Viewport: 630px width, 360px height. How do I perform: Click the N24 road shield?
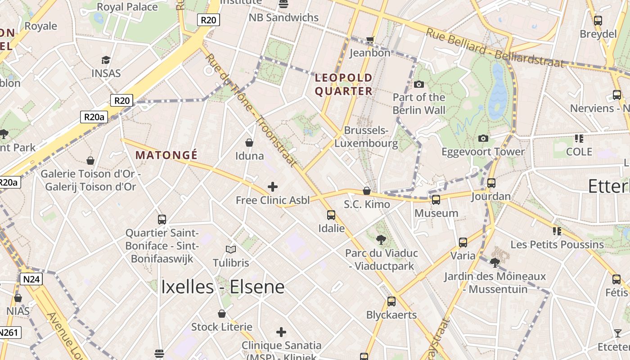(x=31, y=279)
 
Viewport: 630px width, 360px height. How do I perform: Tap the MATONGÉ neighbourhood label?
(x=166, y=155)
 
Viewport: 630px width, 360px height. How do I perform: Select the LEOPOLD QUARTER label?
(x=344, y=85)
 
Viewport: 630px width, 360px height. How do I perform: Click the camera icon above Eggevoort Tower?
(x=483, y=138)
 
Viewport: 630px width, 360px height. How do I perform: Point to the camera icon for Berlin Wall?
(x=419, y=84)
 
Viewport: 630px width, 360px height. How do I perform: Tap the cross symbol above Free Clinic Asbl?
(x=272, y=186)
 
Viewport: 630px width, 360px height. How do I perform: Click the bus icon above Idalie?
(x=331, y=215)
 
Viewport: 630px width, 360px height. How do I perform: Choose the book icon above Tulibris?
(x=231, y=249)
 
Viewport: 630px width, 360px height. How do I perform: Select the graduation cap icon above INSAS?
(x=106, y=60)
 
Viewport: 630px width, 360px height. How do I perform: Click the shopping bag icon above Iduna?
(x=249, y=143)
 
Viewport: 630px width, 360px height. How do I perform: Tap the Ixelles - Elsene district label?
(x=223, y=287)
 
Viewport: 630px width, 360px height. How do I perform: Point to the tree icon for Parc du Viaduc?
(x=381, y=240)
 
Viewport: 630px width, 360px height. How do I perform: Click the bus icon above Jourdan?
(x=491, y=183)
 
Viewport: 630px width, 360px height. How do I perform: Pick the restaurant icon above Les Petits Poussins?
(x=557, y=231)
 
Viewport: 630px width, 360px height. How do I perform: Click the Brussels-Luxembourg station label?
(x=366, y=137)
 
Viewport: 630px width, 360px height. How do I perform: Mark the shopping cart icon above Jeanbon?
(x=370, y=40)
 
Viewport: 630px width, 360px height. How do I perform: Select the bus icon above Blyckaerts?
(x=391, y=301)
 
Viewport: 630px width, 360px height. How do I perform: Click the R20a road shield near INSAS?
(x=94, y=117)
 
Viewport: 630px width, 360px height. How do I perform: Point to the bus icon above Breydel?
(x=598, y=21)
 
